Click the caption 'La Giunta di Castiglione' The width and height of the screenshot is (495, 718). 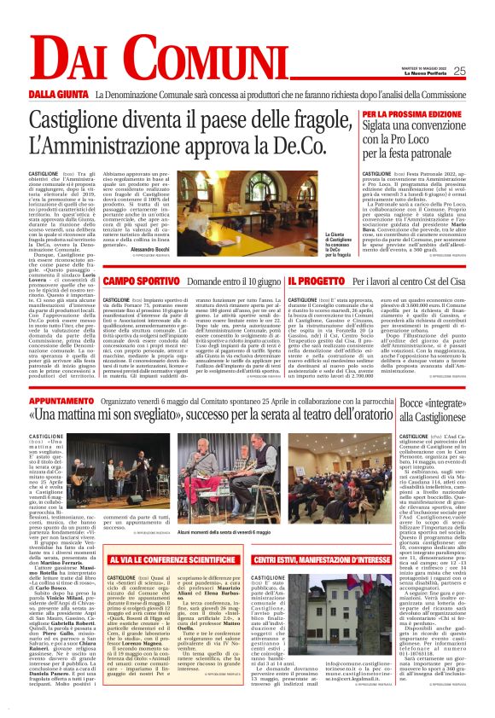pos(338,242)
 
